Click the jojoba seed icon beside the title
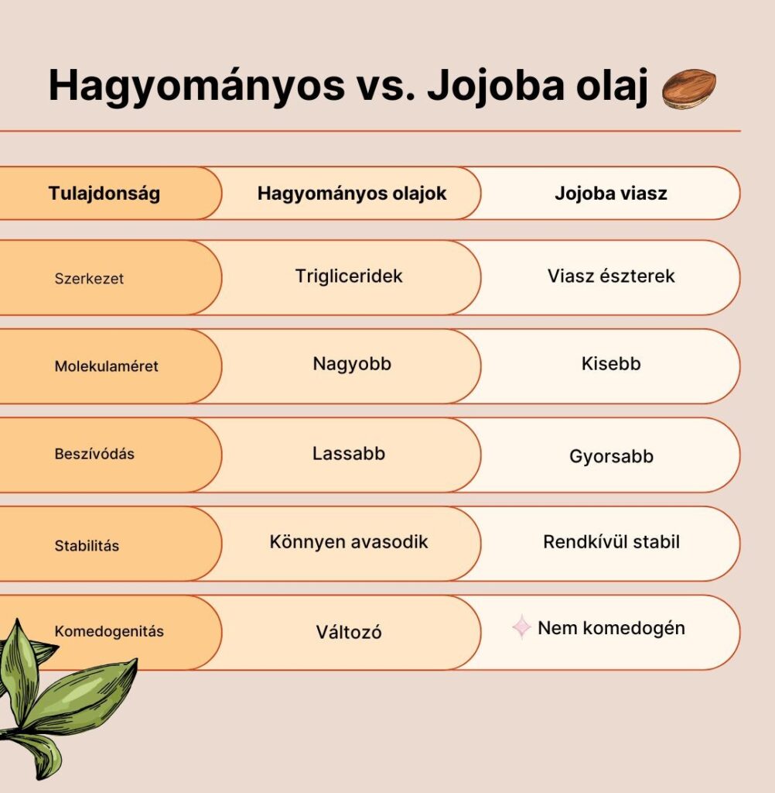click(688, 88)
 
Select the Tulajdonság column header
click(104, 194)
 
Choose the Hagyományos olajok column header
click(352, 194)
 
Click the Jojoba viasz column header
click(610, 194)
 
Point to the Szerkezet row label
click(89, 279)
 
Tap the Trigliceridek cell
click(349, 276)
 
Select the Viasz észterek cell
click(611, 276)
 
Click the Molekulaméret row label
click(106, 366)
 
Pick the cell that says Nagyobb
click(352, 364)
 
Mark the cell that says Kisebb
click(611, 364)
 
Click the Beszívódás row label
click(94, 455)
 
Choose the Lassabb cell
click(349, 454)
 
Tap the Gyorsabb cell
click(611, 457)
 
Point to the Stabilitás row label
click(87, 546)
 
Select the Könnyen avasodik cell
click(349, 542)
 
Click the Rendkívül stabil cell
click(611, 542)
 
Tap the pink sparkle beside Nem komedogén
click(522, 627)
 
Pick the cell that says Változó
click(349, 633)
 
